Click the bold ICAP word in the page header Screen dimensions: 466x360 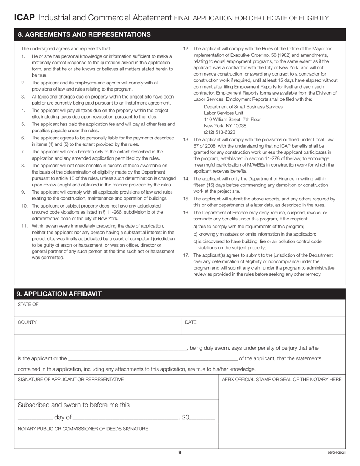[x=25, y=17]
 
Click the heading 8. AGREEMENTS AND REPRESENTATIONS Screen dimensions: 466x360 [x=84, y=34]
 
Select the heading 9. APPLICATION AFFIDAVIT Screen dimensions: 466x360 [x=59, y=294]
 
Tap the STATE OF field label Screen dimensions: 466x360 [x=28, y=304]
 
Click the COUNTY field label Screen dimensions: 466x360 [x=27, y=322]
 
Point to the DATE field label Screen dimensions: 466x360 [x=191, y=322]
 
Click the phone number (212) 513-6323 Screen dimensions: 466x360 [x=219, y=132]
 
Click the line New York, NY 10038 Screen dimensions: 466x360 [x=225, y=126]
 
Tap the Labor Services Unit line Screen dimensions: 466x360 [x=224, y=113]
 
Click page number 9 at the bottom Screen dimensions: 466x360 [x=180, y=452]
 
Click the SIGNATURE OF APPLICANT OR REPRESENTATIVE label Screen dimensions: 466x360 [x=70, y=379]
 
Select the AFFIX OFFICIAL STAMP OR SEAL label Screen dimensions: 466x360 [x=282, y=379]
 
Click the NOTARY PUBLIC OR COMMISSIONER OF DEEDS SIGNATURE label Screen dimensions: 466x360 [x=83, y=429]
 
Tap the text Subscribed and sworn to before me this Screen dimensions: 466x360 [x=74, y=405]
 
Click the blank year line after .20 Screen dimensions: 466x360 [x=202, y=418]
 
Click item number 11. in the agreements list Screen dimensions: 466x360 [x=25, y=226]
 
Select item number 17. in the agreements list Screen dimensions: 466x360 [x=186, y=255]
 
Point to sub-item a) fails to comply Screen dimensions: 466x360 [x=249, y=227]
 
